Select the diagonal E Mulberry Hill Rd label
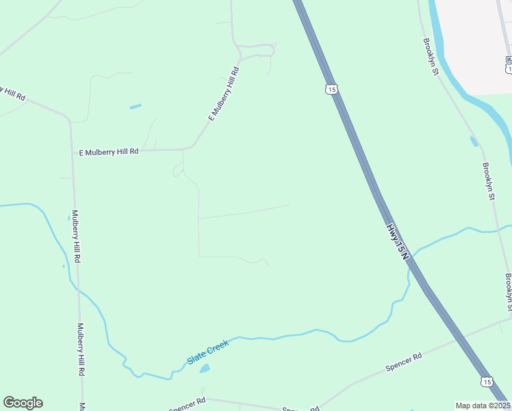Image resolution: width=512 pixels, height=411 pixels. (223, 94)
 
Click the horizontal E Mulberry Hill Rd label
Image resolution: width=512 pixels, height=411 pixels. (109, 151)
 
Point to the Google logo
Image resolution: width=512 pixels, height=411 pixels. (23, 403)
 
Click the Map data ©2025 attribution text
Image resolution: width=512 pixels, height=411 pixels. (483, 406)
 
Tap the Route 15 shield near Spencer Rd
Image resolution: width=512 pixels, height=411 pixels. (486, 381)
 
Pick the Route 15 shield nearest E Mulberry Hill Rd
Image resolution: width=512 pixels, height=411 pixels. (331, 89)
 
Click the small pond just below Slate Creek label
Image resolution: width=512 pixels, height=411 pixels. (205, 369)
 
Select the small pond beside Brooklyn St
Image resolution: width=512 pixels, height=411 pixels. (474, 141)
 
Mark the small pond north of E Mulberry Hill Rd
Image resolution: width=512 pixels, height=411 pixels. (136, 107)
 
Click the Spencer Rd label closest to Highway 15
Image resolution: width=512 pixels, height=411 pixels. (404, 362)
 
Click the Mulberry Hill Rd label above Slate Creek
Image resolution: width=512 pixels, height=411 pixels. (76, 237)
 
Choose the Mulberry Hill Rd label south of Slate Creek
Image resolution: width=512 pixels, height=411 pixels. (80, 349)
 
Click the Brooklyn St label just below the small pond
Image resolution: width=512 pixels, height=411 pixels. (488, 182)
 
